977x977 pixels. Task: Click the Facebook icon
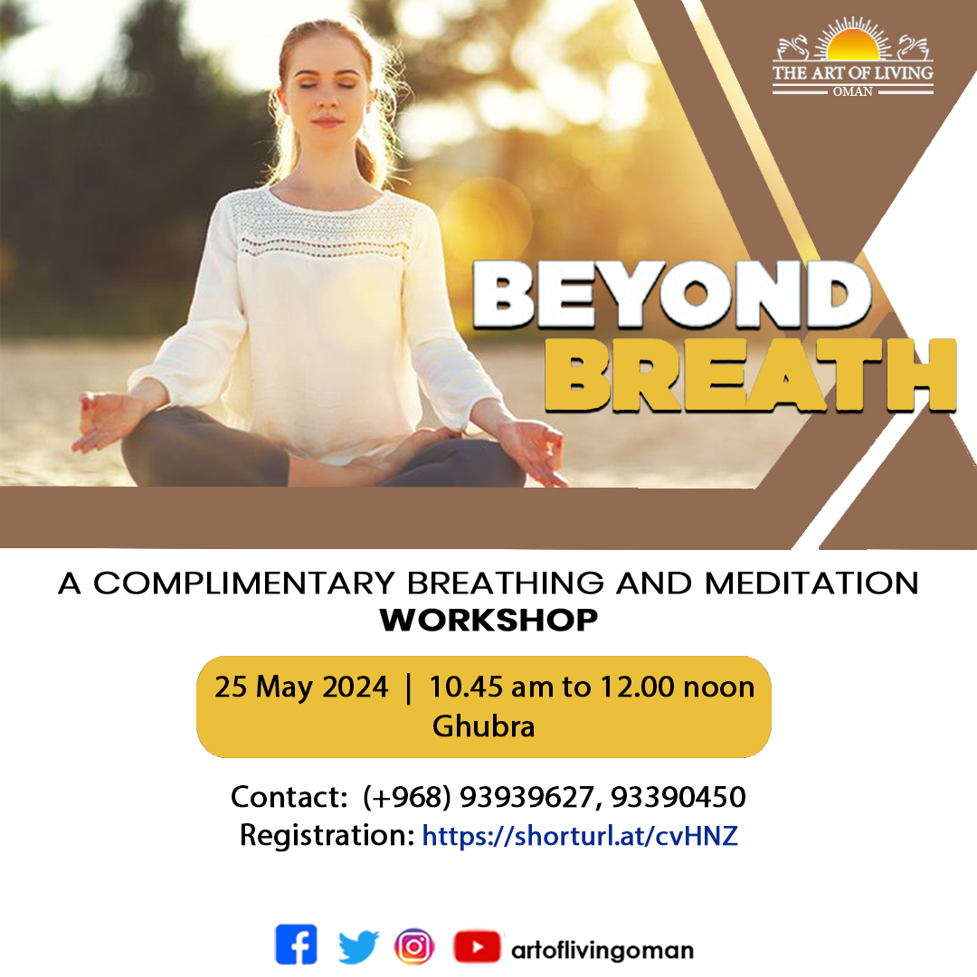pos(296,944)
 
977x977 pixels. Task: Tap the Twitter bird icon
pos(358,947)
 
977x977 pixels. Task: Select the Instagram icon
pos(414,946)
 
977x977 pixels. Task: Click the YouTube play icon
pos(477,946)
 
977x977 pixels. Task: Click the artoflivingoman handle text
pos(602,950)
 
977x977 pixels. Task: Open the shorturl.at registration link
pos(580,836)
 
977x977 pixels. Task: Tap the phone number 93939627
pos(526,797)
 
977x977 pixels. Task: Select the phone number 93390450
pos(678,797)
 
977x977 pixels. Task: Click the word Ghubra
pos(483,726)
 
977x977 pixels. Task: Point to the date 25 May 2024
pos(301,688)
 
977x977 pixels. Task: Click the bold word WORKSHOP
pos(489,620)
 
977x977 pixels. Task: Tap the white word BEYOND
pos(671,294)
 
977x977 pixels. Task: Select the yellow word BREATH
pos(750,375)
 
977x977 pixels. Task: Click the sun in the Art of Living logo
pos(852,43)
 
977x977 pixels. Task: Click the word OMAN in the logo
pos(853,91)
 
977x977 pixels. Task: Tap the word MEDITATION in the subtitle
pos(811,583)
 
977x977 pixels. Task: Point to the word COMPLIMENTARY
pos(244,583)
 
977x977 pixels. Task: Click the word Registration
pos(327,836)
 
